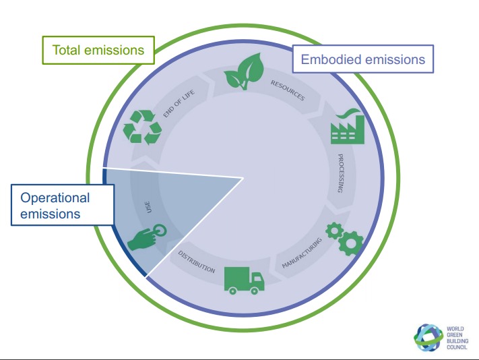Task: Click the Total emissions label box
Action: (98, 49)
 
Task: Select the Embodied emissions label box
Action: (362, 59)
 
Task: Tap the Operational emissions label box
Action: (62, 205)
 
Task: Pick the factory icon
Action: (348, 125)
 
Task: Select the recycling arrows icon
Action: (142, 128)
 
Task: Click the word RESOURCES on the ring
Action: (288, 90)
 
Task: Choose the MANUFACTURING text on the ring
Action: (302, 252)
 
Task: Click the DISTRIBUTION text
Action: (197, 262)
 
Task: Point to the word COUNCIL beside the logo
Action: (456, 348)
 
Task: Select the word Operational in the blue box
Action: (55, 198)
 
